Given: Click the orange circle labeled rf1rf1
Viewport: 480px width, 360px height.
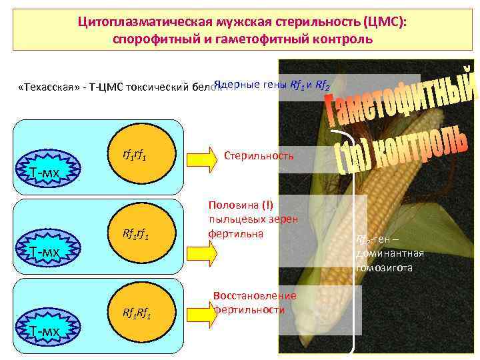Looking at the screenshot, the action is pos(136,156).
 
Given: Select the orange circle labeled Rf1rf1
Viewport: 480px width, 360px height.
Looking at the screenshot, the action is pos(136,234).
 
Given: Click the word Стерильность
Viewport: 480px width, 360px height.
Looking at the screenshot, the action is pos(259,155).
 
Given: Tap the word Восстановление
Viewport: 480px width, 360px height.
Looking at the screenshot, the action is pos(255,295).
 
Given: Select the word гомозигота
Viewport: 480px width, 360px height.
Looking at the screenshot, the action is pos(385,267).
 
